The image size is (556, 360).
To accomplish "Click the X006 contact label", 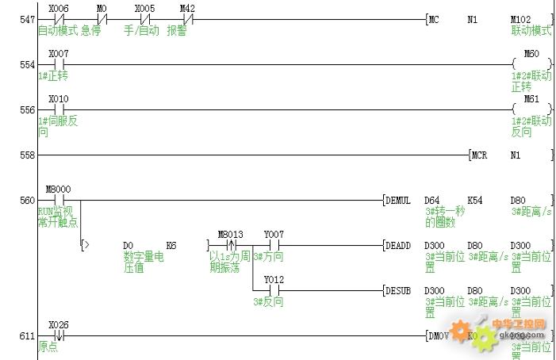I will click(57, 8).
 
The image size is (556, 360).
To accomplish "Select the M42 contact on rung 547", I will click(187, 18).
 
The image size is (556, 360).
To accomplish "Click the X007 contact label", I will click(57, 53).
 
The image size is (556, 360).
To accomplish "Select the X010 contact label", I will click(57, 99).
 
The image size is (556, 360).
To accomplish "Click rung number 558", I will click(26, 155).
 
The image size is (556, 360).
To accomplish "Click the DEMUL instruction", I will click(398, 200).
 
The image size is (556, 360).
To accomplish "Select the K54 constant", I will click(474, 200).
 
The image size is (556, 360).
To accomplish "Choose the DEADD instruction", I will click(398, 246).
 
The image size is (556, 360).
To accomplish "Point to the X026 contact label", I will click(57, 325).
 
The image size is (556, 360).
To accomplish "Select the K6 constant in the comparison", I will click(171, 246).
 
